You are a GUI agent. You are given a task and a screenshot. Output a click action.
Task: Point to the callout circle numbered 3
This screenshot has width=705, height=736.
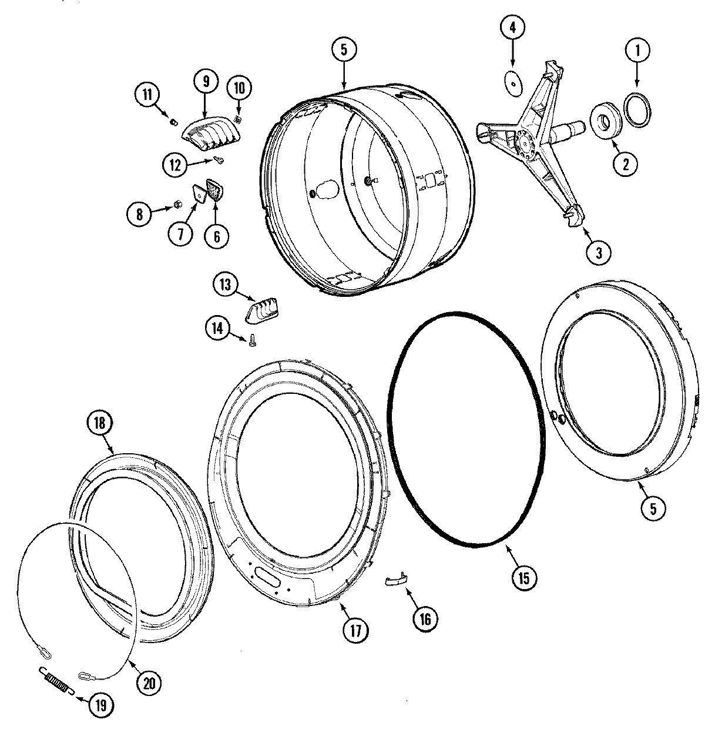coord(599,253)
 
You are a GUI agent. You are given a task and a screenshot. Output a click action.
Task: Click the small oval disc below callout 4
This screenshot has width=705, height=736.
coord(513,84)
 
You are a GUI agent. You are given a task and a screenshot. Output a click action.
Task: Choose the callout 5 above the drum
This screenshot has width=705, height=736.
coord(344,50)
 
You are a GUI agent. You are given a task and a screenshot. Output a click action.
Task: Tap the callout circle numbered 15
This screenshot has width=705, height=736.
coord(523,577)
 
